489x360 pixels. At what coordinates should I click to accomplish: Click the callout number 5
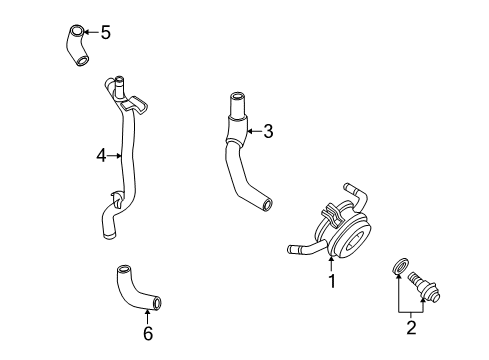(x=105, y=33)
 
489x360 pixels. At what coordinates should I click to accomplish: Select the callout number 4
(x=101, y=156)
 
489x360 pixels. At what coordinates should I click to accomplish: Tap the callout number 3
(x=268, y=131)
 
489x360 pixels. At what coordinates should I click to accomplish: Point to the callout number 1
(x=332, y=281)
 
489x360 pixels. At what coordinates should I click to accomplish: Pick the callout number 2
(x=411, y=327)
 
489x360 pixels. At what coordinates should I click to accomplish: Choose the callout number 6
(x=148, y=333)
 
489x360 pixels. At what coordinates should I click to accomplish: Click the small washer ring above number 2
(x=399, y=267)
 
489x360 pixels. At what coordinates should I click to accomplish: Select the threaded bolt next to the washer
(x=424, y=287)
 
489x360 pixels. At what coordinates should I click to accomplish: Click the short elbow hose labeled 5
(x=76, y=45)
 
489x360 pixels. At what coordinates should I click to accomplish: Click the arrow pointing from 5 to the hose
(x=91, y=32)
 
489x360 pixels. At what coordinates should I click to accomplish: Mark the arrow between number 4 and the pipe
(x=114, y=155)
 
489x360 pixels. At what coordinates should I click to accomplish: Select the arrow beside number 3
(x=254, y=131)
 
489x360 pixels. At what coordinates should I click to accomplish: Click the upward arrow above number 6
(x=147, y=316)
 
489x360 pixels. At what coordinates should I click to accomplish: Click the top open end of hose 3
(x=237, y=97)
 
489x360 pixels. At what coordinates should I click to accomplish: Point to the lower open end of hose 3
(x=267, y=204)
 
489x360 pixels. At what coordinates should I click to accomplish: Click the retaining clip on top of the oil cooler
(x=332, y=214)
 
